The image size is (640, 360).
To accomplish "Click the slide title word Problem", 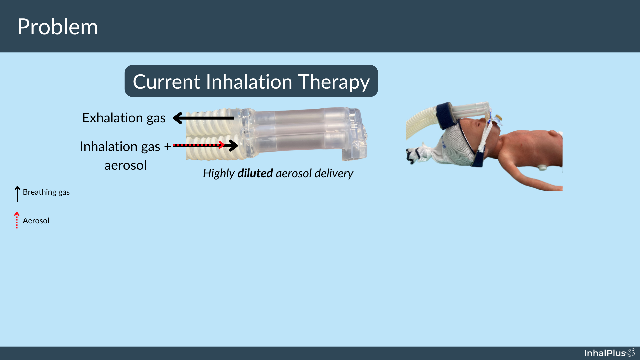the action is tap(57, 27).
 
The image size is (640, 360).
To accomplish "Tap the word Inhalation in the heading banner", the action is tap(249, 82).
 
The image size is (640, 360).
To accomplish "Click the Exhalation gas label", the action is tap(124, 118).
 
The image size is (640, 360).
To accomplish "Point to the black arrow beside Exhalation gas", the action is tap(203, 118).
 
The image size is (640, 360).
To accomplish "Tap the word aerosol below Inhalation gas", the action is tap(125, 165).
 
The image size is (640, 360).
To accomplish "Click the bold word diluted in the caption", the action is tap(255, 173).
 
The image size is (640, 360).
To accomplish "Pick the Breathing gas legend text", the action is tap(46, 192).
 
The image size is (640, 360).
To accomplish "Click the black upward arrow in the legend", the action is tap(17, 194).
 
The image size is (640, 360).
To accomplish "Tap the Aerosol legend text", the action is tap(36, 221).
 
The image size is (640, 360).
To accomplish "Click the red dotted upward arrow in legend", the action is tap(17, 220).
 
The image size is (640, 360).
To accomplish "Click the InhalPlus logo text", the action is tap(605, 353).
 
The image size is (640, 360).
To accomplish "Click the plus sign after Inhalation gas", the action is tap(167, 146).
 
